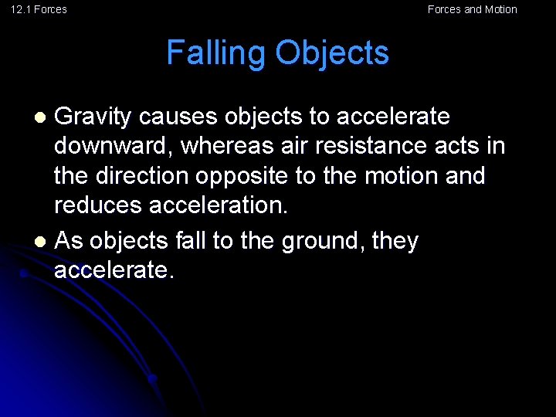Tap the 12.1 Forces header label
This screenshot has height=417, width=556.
39,9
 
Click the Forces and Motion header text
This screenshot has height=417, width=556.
472,9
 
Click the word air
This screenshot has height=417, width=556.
305,146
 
